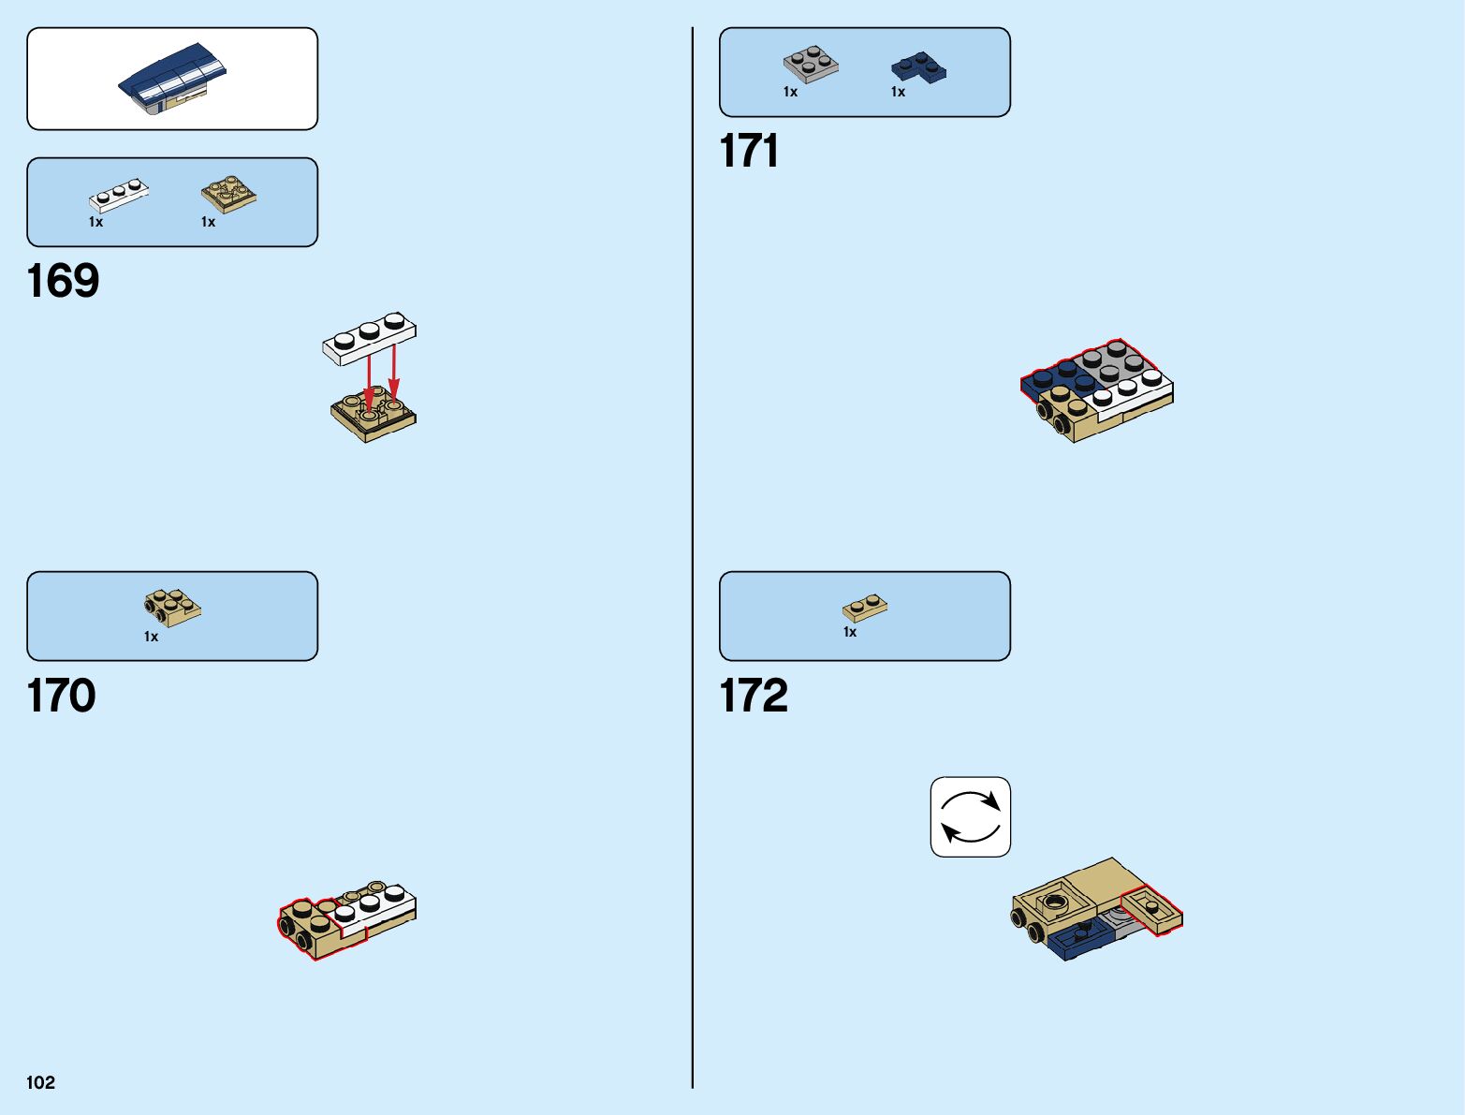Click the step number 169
(63, 281)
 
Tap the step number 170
(62, 696)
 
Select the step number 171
(749, 151)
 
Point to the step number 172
(754, 696)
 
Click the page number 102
(41, 1082)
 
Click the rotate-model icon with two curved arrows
(971, 816)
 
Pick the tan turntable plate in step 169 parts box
(229, 193)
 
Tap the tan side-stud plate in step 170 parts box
(172, 607)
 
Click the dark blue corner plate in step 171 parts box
(918, 67)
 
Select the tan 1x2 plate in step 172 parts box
(865, 608)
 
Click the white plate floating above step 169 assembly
(370, 338)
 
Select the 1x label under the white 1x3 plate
(95, 222)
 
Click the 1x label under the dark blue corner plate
(898, 92)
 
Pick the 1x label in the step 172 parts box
(850, 632)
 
